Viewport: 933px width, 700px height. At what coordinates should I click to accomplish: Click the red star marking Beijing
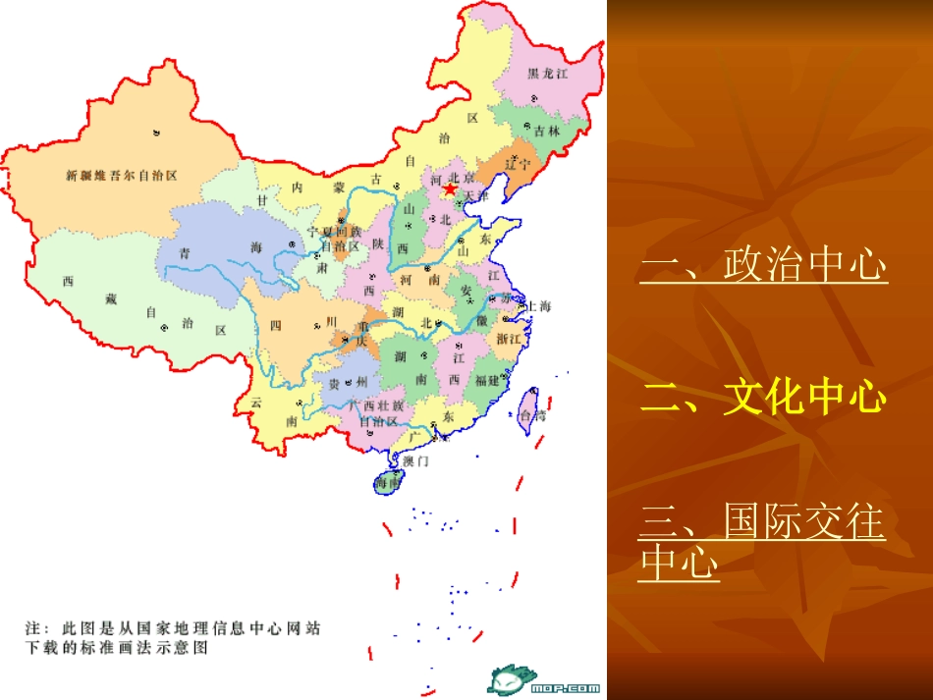pos(450,188)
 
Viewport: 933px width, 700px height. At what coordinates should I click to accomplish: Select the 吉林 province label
pos(548,131)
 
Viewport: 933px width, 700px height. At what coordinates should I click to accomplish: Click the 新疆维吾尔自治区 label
pos(122,177)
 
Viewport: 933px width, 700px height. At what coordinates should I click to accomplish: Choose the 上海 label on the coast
pos(539,306)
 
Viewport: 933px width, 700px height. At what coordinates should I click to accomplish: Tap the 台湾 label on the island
pos(532,415)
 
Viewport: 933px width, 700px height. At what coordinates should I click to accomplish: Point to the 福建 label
pos(487,380)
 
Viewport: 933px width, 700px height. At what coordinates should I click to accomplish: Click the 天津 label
pos(475,196)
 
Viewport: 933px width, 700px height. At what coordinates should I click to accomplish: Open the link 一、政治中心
pos(763,265)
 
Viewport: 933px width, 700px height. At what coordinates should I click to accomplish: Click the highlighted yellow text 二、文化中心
pos(763,398)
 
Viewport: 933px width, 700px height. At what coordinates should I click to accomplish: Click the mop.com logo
pos(544,679)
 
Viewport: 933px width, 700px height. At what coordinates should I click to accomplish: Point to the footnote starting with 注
pos(173,637)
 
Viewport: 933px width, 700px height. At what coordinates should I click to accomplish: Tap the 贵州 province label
pos(348,382)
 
